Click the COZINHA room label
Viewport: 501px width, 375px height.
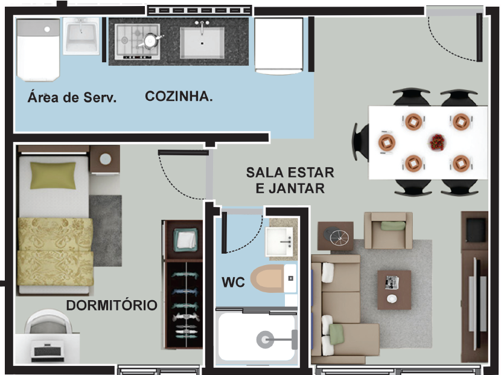(179, 96)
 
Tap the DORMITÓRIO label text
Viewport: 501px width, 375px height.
(112, 306)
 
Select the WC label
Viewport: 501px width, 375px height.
(233, 282)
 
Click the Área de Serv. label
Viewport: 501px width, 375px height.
(72, 97)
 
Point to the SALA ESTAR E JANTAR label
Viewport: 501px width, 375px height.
(290, 180)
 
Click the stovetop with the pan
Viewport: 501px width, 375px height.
(138, 41)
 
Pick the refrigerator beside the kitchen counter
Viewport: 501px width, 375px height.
(278, 45)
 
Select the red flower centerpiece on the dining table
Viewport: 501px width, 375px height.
(437, 143)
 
